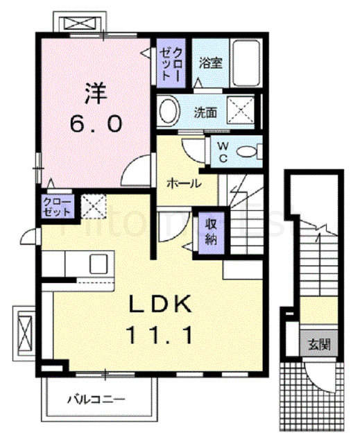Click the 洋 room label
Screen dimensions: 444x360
click(x=95, y=93)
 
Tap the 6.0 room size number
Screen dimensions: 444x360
click(x=96, y=124)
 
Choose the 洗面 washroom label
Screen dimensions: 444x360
click(x=206, y=110)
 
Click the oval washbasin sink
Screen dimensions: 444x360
click(x=167, y=110)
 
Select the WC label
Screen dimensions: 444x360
click(x=223, y=151)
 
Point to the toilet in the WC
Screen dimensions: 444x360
click(x=250, y=151)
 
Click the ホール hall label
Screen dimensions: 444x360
click(x=184, y=185)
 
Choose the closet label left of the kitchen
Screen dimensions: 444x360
click(x=53, y=207)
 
